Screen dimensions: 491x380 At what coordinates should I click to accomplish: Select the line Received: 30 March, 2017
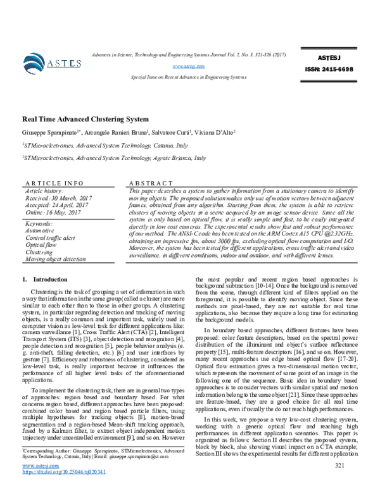point(56,197)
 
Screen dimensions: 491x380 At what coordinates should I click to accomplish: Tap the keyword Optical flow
point(41,244)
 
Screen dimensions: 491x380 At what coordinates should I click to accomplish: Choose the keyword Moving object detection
point(55,259)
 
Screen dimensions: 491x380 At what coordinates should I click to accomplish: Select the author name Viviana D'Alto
point(213,134)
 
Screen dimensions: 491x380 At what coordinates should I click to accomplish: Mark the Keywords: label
point(39,223)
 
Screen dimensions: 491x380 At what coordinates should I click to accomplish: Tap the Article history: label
point(44,190)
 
